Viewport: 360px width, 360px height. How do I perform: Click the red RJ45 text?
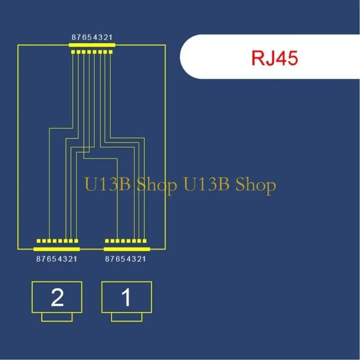tap(275, 58)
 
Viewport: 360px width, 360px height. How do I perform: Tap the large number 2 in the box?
tap(57, 297)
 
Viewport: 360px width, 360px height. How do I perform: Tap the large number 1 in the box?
tap(126, 297)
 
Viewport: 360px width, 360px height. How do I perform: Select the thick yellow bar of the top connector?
tap(92, 45)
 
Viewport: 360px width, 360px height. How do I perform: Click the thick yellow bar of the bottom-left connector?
tap(57, 249)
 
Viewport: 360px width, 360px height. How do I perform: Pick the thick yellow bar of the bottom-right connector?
tap(126, 249)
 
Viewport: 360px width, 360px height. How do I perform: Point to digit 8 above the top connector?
tap(74, 37)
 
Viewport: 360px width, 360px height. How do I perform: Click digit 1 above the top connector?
tap(111, 37)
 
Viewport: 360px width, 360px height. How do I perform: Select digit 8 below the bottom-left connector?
tap(38, 259)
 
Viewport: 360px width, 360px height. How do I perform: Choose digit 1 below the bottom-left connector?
tap(75, 259)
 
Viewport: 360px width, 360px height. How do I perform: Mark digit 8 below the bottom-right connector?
tap(107, 259)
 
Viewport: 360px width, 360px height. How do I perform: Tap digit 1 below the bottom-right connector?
tap(144, 259)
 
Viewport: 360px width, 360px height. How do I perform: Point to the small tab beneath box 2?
tap(57, 317)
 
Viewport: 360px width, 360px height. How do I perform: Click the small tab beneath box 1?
tap(126, 317)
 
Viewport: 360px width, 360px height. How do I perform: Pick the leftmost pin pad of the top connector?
tap(73, 52)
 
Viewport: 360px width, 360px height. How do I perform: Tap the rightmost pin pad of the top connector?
tap(111, 52)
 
